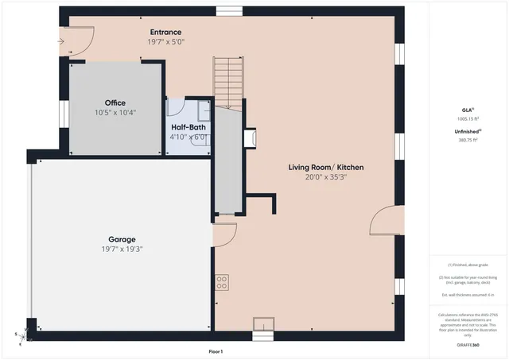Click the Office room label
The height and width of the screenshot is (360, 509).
tap(115, 103)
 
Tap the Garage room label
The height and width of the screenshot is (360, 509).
tap(122, 239)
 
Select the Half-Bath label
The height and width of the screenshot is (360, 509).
tap(188, 126)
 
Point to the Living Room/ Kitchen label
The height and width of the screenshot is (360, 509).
tap(326, 167)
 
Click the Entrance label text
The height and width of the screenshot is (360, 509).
tap(165, 33)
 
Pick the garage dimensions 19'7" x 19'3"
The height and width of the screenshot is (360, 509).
tap(122, 249)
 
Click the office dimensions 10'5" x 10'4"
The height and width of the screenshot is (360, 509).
tap(115, 112)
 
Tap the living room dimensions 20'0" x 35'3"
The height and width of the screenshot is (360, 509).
tap(326, 176)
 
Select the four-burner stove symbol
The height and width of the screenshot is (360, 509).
tap(221, 281)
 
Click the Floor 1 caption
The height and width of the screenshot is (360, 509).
tap(216, 351)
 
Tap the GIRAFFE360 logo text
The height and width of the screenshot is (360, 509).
tap(468, 345)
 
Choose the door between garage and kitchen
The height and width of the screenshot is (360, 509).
tap(223, 234)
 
